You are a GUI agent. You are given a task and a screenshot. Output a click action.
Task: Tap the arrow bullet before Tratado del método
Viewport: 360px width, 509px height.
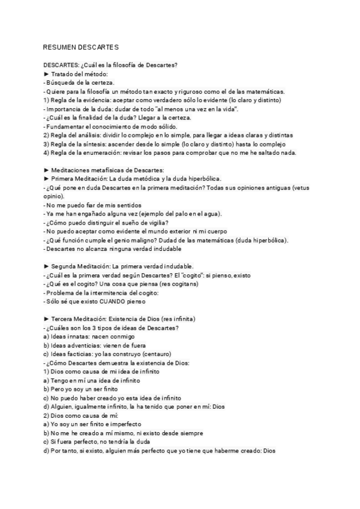(46, 74)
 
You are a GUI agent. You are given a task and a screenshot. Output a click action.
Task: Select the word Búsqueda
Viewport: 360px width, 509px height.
(61, 82)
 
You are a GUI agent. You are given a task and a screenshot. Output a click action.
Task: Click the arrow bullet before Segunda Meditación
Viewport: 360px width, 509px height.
(46, 266)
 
